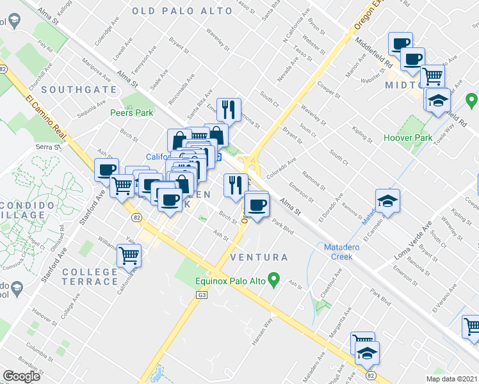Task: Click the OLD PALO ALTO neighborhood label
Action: click(x=182, y=11)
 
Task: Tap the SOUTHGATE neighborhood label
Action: click(x=79, y=90)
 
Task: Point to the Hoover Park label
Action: click(x=407, y=138)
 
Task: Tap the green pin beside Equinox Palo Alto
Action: click(x=275, y=279)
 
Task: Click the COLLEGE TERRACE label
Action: click(x=90, y=276)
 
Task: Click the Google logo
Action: click(x=21, y=376)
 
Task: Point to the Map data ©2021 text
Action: click(x=451, y=378)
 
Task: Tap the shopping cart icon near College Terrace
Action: click(x=129, y=255)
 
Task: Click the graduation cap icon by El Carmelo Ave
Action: click(x=387, y=201)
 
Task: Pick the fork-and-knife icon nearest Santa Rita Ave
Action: click(x=228, y=109)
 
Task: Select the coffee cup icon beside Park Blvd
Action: click(x=257, y=206)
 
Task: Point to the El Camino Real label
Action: click(x=47, y=119)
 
